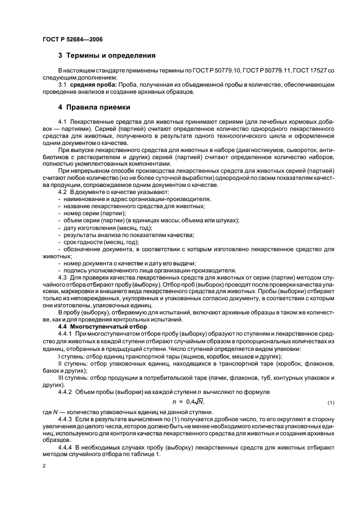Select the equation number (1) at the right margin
coord(330,403)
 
